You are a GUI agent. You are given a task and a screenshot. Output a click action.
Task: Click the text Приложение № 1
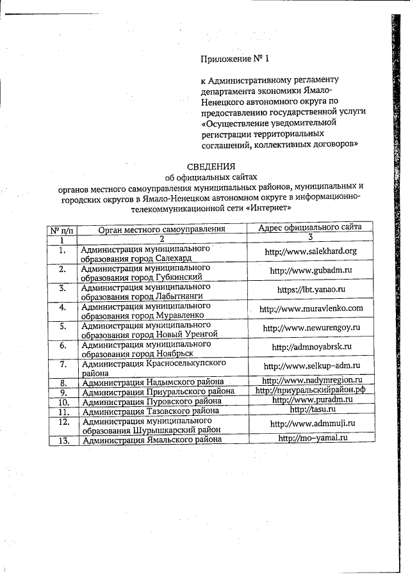click(236, 59)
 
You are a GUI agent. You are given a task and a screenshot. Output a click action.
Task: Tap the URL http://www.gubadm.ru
click(311, 271)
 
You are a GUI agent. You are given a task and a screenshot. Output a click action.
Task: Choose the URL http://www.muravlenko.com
click(311, 308)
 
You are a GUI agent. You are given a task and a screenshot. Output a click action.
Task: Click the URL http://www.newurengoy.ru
click(312, 328)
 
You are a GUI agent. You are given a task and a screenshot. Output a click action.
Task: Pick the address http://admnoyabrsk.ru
click(312, 347)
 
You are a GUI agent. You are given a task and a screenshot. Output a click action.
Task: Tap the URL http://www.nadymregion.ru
click(313, 380)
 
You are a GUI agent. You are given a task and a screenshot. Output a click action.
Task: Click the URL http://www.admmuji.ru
click(313, 424)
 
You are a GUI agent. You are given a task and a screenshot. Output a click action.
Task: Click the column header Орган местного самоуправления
click(162, 228)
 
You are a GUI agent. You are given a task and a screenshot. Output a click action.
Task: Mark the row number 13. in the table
click(63, 440)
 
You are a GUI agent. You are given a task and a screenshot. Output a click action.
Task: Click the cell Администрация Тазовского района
click(151, 411)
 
